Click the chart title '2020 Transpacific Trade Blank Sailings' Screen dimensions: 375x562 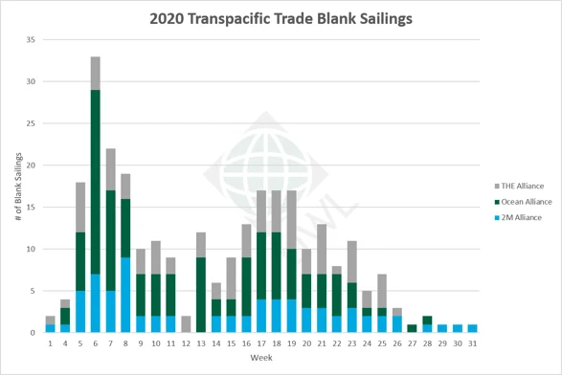(x=281, y=17)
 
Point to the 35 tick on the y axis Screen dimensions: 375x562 (x=32, y=40)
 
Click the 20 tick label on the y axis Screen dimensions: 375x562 (x=32, y=165)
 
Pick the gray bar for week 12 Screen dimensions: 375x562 (x=186, y=324)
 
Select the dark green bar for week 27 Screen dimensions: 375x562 (x=412, y=328)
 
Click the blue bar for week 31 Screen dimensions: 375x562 (x=472, y=328)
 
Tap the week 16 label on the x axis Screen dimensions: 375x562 (x=246, y=342)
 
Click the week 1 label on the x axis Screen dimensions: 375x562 (x=50, y=342)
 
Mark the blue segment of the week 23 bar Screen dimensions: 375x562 (x=351, y=320)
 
